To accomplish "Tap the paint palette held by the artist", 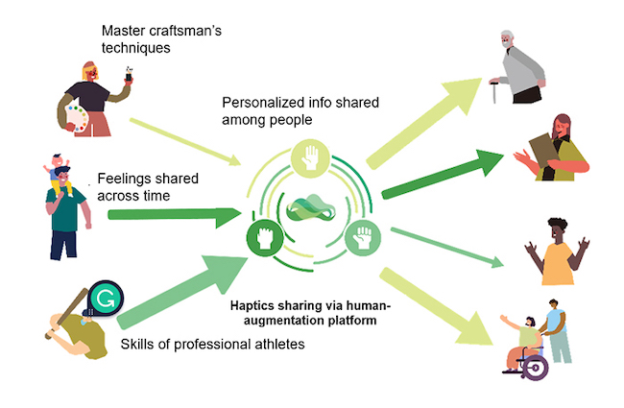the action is click(77, 117).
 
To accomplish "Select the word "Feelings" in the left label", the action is click(119, 179).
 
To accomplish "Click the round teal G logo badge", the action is click(105, 299).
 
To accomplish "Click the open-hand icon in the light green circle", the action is click(310, 158).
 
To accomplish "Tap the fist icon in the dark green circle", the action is click(265, 238).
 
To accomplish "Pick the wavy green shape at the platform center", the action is click(311, 207).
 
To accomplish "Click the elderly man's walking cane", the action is click(494, 92).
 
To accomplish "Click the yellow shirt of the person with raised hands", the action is click(557, 263).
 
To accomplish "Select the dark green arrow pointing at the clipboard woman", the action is click(443, 174).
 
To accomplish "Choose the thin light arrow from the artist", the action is click(185, 141).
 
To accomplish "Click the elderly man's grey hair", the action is click(507, 35).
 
